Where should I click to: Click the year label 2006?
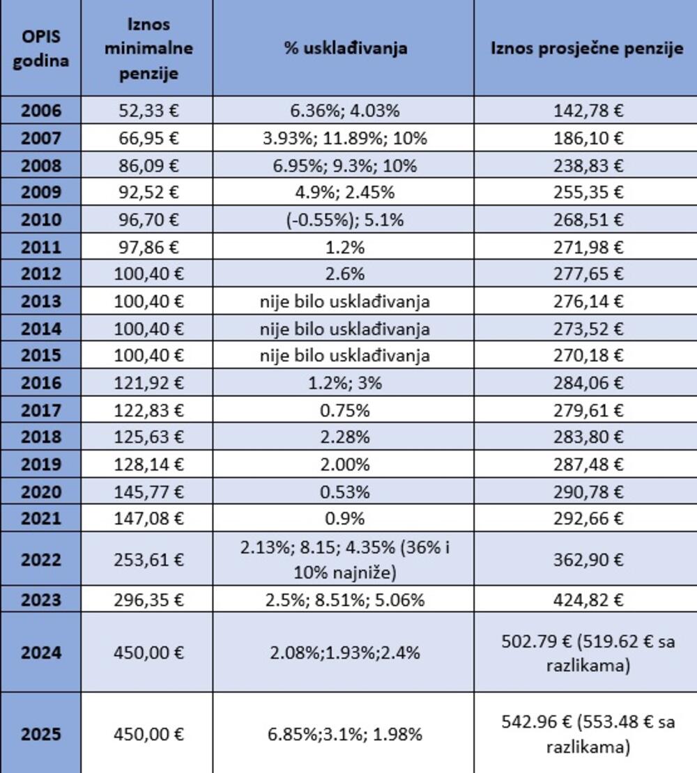click(41, 111)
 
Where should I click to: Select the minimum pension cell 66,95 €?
click(147, 138)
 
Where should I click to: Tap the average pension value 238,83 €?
click(585, 165)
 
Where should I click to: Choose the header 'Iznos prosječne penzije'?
click(585, 48)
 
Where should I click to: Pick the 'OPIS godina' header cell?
click(41, 48)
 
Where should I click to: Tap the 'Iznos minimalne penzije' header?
click(147, 48)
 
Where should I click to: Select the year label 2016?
click(41, 382)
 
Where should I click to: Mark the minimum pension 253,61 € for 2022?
click(147, 559)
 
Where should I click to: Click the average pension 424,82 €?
click(585, 600)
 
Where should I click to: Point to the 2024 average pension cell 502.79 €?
click(585, 653)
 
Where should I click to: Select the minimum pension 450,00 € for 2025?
click(147, 734)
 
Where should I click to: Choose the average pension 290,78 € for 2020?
click(585, 491)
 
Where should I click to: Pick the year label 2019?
click(41, 464)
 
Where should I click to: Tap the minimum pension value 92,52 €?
click(147, 192)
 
